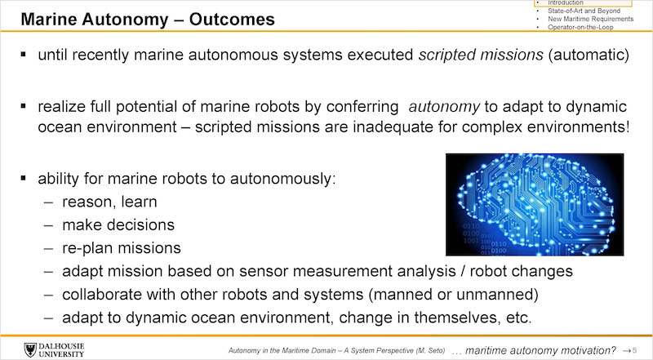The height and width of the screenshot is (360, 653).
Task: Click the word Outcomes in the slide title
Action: (232, 20)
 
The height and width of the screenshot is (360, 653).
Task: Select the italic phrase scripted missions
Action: (481, 55)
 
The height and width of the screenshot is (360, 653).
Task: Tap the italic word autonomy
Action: (444, 107)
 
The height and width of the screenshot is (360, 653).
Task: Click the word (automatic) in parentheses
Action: (589, 55)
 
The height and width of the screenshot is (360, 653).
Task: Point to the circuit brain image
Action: (535, 205)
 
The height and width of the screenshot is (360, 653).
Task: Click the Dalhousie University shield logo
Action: (30, 350)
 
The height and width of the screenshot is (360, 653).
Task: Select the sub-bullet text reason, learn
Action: (109, 202)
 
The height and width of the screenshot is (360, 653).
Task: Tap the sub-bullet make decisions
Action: (118, 225)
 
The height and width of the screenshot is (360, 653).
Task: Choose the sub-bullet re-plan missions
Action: (122, 248)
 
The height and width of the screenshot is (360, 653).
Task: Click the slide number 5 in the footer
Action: (634, 351)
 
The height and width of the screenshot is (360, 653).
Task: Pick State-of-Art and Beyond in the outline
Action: (584, 11)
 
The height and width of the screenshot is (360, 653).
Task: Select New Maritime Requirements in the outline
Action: (590, 19)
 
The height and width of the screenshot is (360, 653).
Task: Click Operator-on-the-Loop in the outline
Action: (580, 27)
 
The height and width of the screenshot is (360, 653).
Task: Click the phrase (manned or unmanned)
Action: (453, 295)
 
